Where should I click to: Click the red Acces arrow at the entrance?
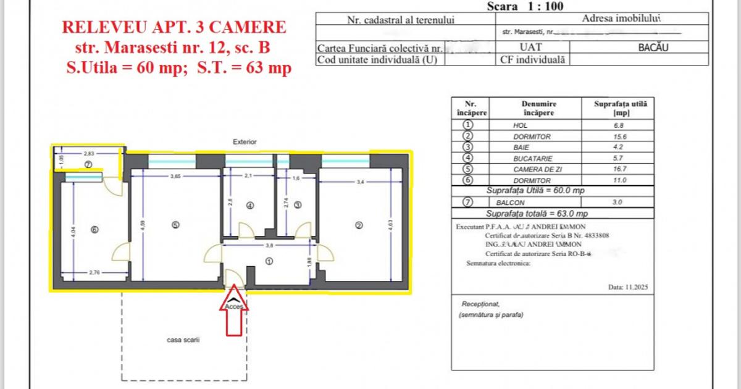pyautogui.click(x=235, y=315)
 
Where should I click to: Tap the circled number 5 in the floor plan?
pyautogui.click(x=176, y=225)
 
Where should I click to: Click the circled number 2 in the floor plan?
pyautogui.click(x=359, y=225)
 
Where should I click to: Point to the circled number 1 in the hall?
pyautogui.click(x=269, y=261)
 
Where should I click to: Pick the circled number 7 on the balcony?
pyautogui.click(x=88, y=165)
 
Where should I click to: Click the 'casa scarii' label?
pyautogui.click(x=183, y=340)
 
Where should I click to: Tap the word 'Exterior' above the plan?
pyautogui.click(x=245, y=142)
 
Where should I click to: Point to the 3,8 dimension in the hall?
pyautogui.click(x=269, y=245)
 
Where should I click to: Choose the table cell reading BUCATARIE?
pyautogui.click(x=532, y=158)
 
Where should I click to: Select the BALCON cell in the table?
pyautogui.click(x=510, y=202)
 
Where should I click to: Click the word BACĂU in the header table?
pyautogui.click(x=654, y=47)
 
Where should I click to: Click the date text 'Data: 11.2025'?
pyautogui.click(x=628, y=287)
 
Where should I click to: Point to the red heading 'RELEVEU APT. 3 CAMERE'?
pyautogui.click(x=175, y=27)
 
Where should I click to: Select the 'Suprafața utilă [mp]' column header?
pyautogui.click(x=619, y=109)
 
